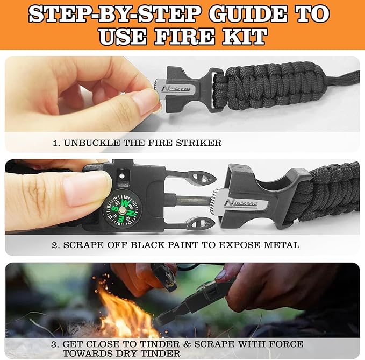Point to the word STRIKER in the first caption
pos(201,143)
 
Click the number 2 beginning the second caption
pos(55,245)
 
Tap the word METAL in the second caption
pos(282,245)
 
